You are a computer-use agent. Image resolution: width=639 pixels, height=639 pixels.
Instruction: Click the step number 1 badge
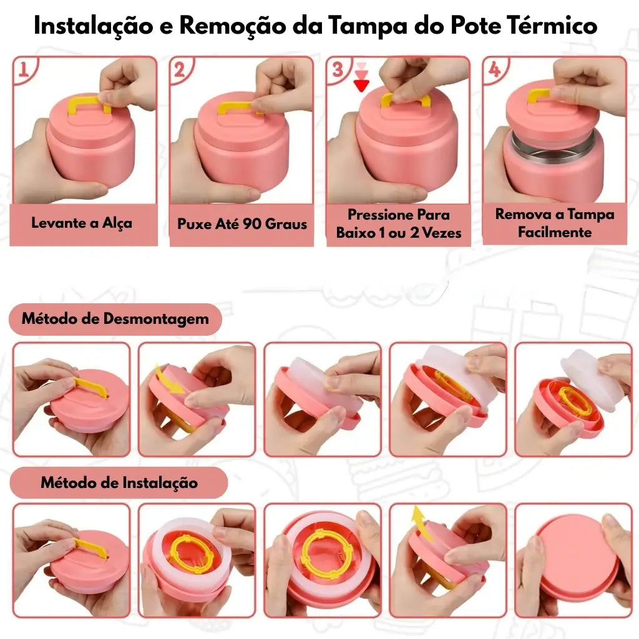(24, 69)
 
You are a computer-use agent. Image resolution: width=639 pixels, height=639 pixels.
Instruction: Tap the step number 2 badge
(180, 69)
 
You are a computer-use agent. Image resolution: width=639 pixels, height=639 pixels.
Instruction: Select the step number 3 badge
(338, 69)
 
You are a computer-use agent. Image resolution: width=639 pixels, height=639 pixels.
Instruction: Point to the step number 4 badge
(494, 69)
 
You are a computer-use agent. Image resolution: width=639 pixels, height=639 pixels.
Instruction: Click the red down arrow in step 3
(361, 84)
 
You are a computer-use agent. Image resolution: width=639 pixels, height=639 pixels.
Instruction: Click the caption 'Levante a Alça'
(82, 223)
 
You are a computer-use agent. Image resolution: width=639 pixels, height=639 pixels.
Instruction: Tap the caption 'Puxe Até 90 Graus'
(242, 223)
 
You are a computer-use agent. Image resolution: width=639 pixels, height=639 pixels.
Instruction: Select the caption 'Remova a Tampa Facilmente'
(555, 223)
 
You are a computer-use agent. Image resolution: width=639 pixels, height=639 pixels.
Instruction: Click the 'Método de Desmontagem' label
(115, 318)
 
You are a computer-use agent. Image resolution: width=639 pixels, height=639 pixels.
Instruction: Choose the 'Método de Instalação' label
(119, 482)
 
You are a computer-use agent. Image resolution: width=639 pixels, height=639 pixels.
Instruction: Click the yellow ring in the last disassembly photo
(574, 401)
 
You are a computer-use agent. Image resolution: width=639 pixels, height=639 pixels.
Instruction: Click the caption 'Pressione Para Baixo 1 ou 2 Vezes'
(399, 223)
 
